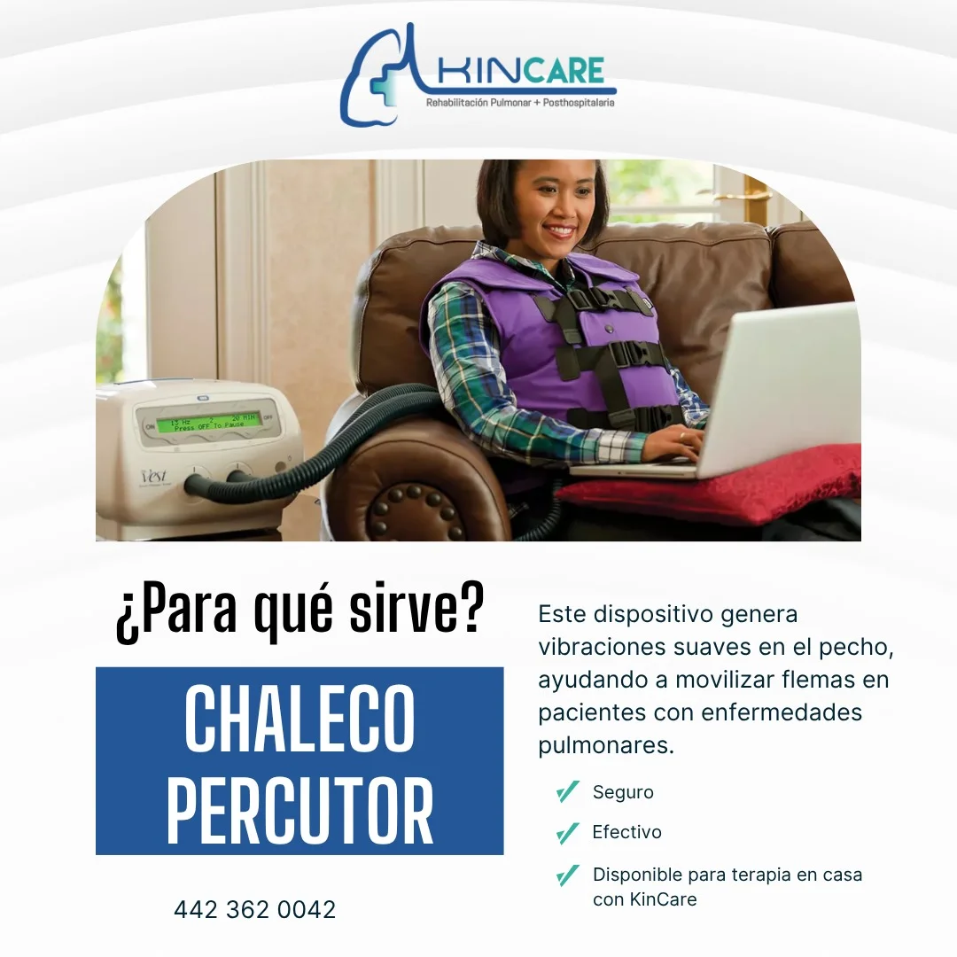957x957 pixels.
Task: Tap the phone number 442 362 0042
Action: [255, 909]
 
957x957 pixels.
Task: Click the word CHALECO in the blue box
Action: [300, 719]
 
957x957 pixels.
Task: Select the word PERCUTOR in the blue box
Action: [300, 811]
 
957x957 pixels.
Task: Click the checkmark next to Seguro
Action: [567, 791]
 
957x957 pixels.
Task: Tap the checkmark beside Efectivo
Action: [567, 833]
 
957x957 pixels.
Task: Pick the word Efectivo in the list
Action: [626, 832]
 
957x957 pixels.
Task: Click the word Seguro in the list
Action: [623, 792]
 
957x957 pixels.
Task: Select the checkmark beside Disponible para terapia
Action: [567, 875]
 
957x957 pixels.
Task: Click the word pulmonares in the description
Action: [606, 744]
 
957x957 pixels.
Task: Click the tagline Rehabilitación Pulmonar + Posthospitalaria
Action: [520, 103]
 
